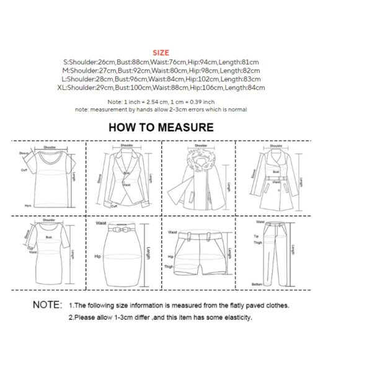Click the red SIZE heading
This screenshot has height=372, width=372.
coord(161,53)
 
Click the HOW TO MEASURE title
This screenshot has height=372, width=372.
coord(161,128)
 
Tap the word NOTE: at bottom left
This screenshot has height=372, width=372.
coord(48,305)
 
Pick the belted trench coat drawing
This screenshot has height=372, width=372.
coord(273,177)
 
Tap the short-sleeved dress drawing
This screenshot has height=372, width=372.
coord(49,250)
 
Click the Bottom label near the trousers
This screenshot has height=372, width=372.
coord(257,284)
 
